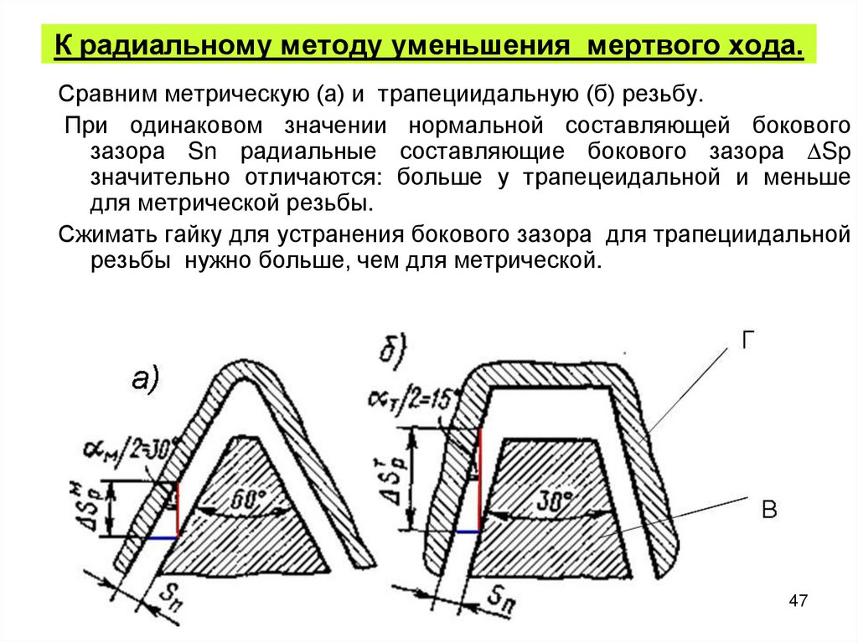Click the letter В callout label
(x=769, y=510)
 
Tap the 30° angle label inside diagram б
(x=555, y=502)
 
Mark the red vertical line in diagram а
(x=178, y=510)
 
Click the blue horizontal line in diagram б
(x=467, y=531)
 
